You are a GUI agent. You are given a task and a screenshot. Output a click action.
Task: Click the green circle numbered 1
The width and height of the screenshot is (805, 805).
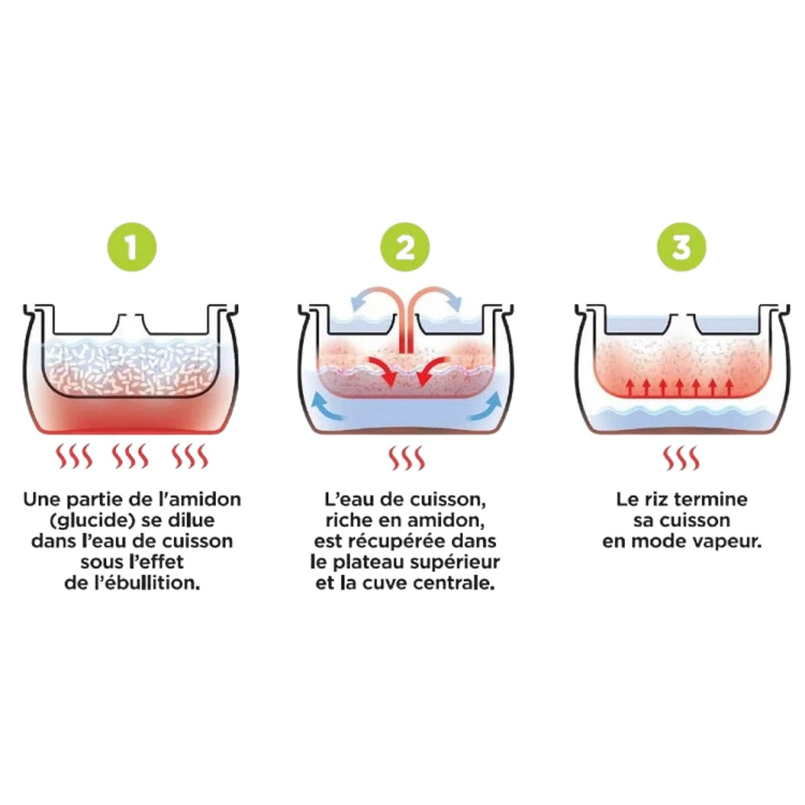point(131,247)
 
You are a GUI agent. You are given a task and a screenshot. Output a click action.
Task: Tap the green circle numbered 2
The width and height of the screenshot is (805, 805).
point(405,247)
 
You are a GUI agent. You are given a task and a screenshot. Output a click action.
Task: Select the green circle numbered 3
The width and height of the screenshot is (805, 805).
point(682,247)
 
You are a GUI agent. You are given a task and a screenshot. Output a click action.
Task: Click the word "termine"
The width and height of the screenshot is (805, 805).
point(712,500)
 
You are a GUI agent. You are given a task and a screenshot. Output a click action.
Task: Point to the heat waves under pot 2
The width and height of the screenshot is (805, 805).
point(406,458)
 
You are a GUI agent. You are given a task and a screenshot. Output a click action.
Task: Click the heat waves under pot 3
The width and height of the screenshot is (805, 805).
point(682,458)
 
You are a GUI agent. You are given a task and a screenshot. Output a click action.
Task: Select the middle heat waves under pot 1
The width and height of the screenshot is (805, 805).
point(130,455)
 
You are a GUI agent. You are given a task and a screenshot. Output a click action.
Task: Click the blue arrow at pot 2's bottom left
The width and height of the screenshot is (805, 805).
point(328,407)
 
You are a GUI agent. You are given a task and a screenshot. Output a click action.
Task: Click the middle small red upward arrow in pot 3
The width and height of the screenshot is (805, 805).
point(680,387)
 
